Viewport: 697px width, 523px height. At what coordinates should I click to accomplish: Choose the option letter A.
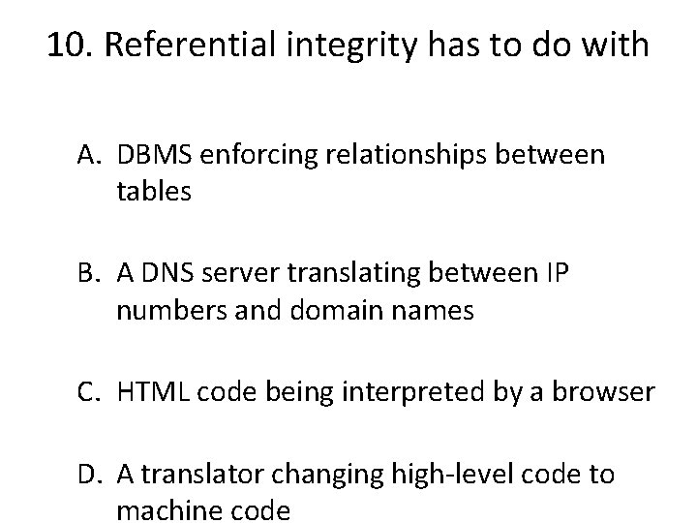[x=91, y=156]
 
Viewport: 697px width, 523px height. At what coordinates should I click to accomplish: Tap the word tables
[x=154, y=192]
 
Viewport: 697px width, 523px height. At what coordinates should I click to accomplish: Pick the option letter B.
[x=91, y=276]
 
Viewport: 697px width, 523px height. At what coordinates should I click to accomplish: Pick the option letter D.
[x=91, y=476]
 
